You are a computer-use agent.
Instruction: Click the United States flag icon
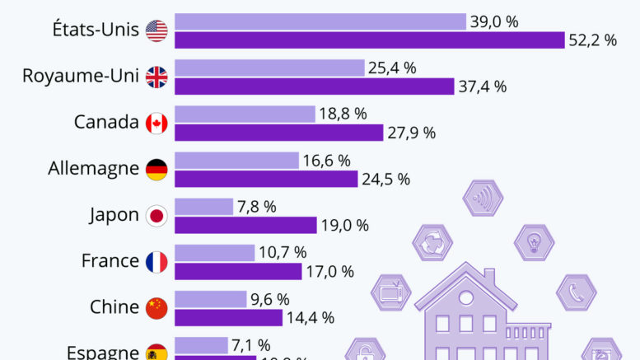click(x=156, y=31)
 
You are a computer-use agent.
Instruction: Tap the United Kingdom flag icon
click(x=156, y=77)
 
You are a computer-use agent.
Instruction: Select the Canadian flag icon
click(x=156, y=124)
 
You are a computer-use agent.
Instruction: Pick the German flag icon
click(x=156, y=170)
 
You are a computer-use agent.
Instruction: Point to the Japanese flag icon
click(x=156, y=216)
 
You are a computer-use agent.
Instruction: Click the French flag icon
click(x=156, y=262)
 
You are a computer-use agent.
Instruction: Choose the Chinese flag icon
click(x=156, y=308)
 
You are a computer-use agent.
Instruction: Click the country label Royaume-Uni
click(x=81, y=77)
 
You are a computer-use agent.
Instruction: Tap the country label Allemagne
click(x=92, y=169)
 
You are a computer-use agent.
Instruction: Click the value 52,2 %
click(x=593, y=40)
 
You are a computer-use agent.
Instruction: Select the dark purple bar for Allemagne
click(x=266, y=179)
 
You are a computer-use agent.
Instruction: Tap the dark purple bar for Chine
click(x=228, y=317)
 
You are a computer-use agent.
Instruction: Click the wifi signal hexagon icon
click(x=483, y=199)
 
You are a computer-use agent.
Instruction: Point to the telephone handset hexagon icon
click(x=576, y=292)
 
